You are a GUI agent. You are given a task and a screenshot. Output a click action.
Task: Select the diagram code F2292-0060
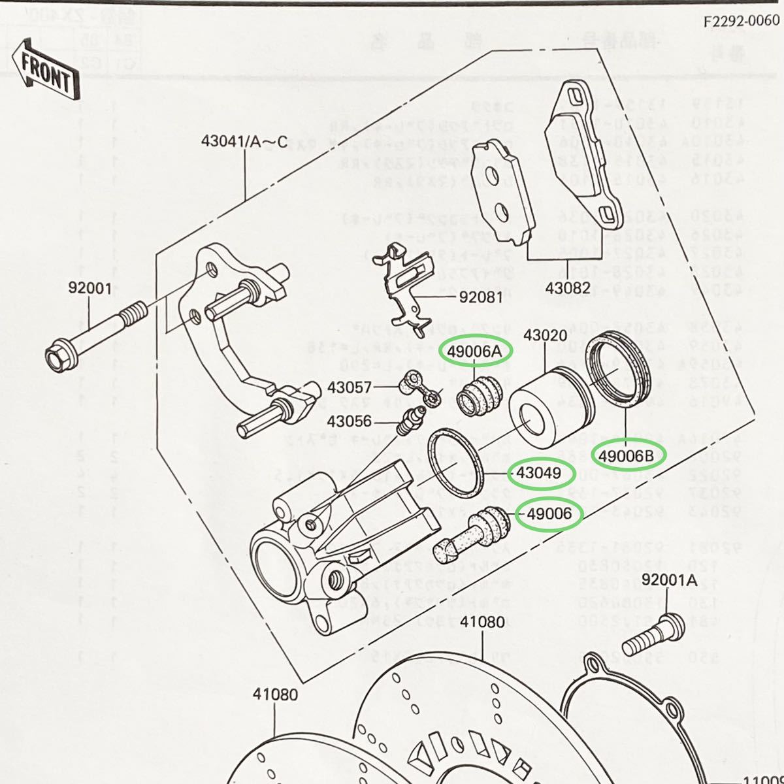pyautogui.click(x=741, y=20)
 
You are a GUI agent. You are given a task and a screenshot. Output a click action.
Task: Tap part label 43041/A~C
pyautogui.click(x=244, y=140)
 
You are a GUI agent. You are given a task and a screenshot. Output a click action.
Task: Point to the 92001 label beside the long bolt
pyautogui.click(x=90, y=287)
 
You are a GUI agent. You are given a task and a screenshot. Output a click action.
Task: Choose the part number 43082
pyautogui.click(x=570, y=287)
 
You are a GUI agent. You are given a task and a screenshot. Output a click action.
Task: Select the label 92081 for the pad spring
pyautogui.click(x=482, y=297)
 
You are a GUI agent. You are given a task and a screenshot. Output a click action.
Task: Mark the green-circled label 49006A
pyautogui.click(x=478, y=352)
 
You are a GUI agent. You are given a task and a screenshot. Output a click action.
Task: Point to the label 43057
pyautogui.click(x=350, y=387)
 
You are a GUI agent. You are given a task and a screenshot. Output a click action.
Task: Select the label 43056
pyautogui.click(x=350, y=421)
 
